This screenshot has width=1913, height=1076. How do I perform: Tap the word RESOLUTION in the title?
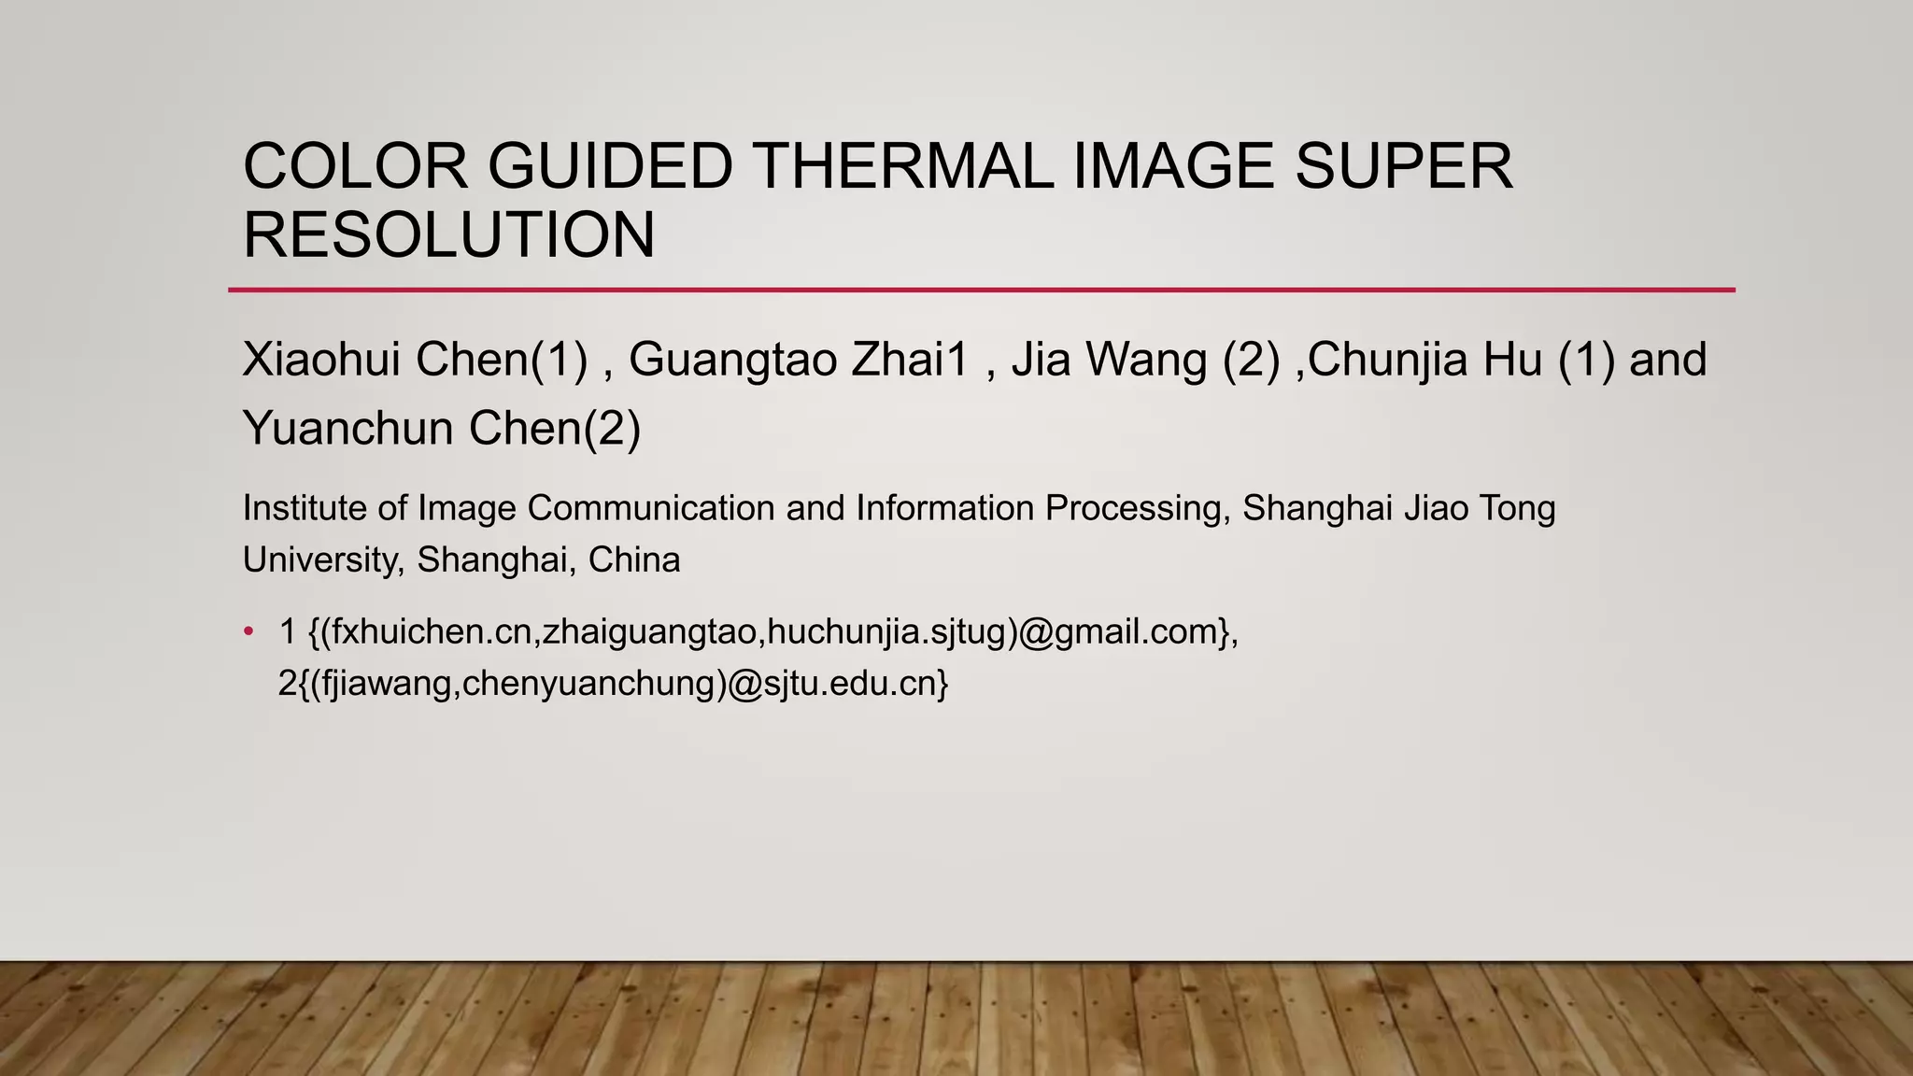[x=448, y=234]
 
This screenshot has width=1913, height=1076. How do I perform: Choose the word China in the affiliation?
[x=634, y=559]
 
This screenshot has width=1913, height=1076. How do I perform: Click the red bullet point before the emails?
[x=248, y=632]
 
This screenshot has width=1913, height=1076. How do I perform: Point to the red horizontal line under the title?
[x=981, y=290]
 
